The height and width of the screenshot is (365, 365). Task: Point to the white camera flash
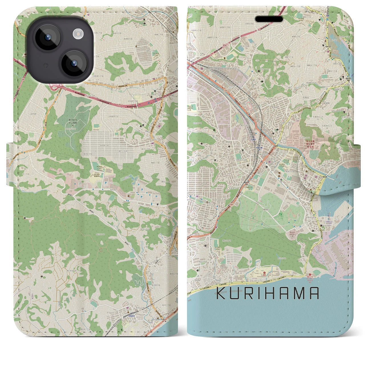tap(77, 35)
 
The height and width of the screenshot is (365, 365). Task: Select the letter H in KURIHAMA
tap(273, 293)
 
